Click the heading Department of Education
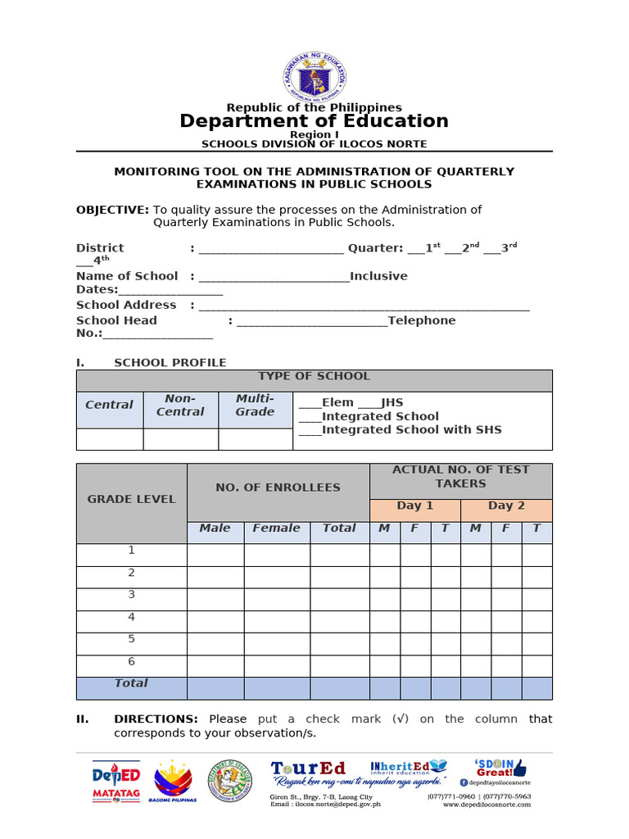314,121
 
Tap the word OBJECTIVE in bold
112,210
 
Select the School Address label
126,305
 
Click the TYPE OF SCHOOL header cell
314,377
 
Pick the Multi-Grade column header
255,406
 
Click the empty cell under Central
109,439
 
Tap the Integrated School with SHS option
400,429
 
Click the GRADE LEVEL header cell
131,499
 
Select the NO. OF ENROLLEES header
278,488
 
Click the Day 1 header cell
414,506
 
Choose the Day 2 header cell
506,506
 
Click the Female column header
276,528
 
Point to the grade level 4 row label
131,618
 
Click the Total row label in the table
131,683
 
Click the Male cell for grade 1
215,555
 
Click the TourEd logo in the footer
309,769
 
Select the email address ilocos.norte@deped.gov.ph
325,805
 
